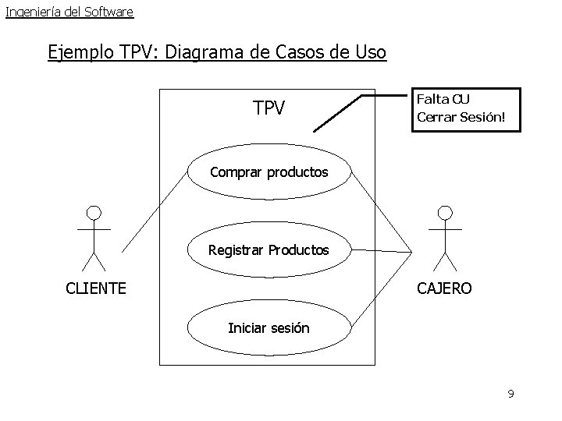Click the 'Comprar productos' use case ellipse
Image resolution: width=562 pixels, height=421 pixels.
269,172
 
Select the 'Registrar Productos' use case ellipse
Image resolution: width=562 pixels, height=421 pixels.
269,251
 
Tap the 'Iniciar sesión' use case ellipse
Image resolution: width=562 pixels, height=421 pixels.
269,328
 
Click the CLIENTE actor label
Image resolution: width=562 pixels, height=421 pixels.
96,289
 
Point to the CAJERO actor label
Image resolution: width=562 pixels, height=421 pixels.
444,289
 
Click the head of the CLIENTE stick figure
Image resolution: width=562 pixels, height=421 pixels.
94,212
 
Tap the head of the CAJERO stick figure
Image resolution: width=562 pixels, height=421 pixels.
445,212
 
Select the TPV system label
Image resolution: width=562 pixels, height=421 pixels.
269,108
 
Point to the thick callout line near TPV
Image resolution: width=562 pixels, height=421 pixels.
340,113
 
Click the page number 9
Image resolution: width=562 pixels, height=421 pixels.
510,394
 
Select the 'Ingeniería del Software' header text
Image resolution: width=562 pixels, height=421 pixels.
69,12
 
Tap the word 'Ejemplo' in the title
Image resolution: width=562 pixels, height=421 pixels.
81,52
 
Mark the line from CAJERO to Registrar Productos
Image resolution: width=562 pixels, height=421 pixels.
381,251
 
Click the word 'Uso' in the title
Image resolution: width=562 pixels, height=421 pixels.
370,52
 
